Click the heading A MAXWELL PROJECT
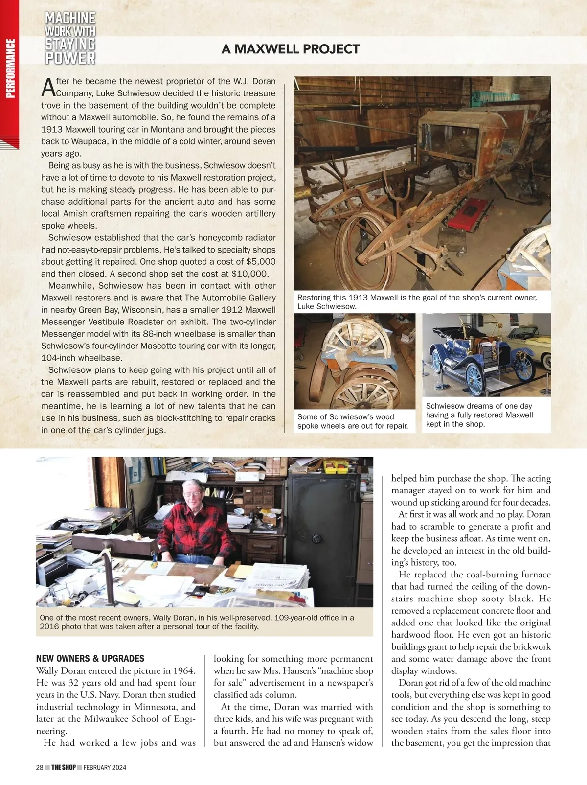point(291,49)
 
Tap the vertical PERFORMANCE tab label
point(10,69)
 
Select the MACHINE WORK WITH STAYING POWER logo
point(70,38)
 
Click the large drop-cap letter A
point(47,87)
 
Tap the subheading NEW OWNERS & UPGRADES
point(90,658)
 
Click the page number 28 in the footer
point(40,767)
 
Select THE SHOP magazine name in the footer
point(64,767)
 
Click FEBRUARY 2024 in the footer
point(105,767)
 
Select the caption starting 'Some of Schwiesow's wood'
point(353,421)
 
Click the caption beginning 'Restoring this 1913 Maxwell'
point(417,301)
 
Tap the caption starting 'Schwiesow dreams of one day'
point(479,415)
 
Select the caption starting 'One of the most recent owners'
point(197,622)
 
